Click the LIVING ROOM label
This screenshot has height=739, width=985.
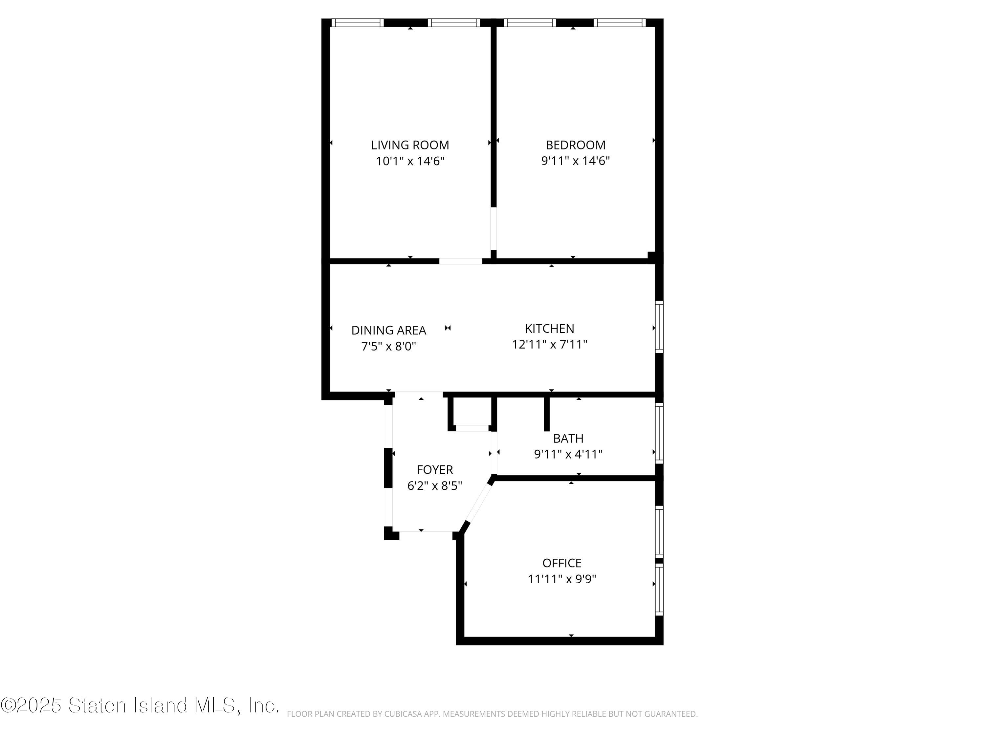click(410, 145)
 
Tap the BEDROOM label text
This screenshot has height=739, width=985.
click(575, 145)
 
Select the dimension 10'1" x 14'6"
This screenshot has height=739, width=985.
click(410, 161)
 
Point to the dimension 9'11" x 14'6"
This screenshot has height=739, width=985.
click(575, 161)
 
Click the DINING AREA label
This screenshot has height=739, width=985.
click(389, 330)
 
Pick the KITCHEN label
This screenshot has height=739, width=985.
click(550, 329)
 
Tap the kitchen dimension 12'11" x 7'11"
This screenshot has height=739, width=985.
click(550, 344)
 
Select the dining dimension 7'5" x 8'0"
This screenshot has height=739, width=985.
click(389, 346)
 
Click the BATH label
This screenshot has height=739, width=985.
click(568, 438)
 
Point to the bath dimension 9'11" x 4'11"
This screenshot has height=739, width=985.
click(568, 454)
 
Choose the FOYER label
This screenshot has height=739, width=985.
click(435, 470)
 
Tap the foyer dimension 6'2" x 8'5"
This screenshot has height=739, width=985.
click(435, 485)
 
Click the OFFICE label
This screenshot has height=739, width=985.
click(562, 563)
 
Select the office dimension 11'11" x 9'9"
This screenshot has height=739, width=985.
click(562, 579)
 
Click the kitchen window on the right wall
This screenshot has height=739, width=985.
click(660, 327)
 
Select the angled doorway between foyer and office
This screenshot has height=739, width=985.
click(478, 503)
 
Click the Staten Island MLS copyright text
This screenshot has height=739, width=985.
click(140, 705)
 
